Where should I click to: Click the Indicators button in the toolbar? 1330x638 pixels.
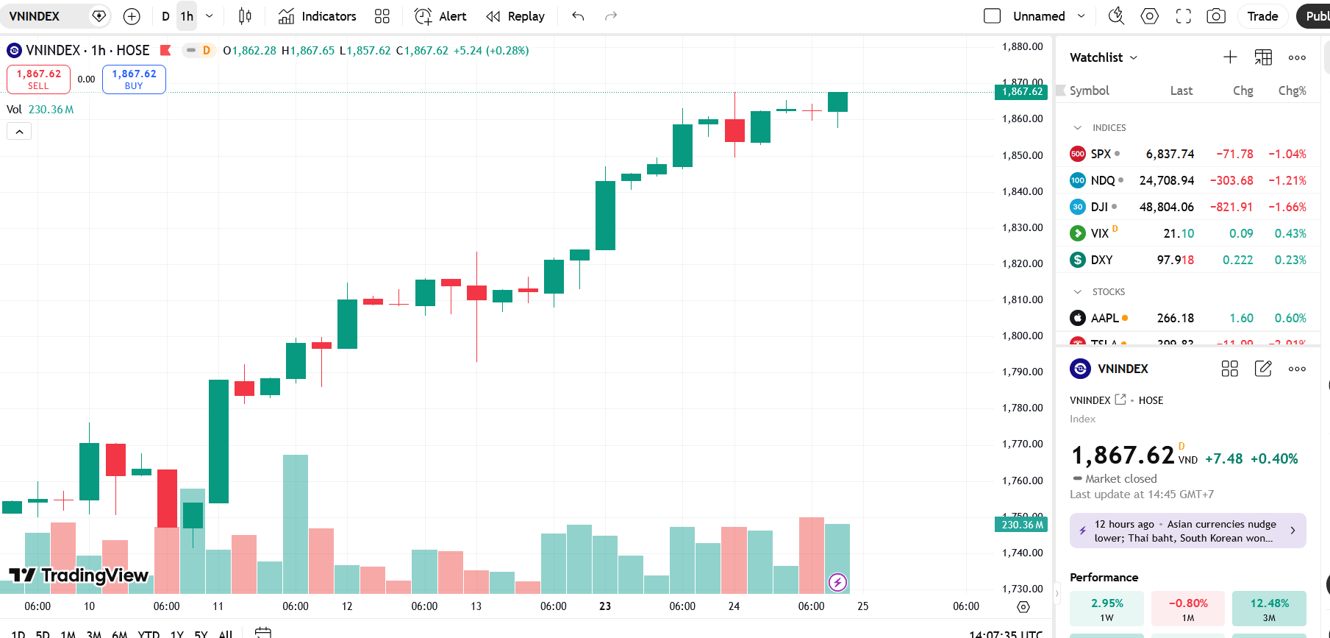click(318, 16)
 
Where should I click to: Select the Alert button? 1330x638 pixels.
click(440, 16)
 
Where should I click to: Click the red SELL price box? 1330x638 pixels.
click(38, 79)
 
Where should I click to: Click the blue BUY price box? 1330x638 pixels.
click(134, 79)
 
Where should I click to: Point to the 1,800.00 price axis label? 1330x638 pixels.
click(1022, 336)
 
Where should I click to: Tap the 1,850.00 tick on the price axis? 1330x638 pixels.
click(1022, 155)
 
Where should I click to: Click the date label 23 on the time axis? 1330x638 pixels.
click(605, 606)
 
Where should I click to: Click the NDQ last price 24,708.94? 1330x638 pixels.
click(1166, 180)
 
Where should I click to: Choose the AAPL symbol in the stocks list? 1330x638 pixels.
click(1104, 318)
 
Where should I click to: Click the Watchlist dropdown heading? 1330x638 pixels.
click(1103, 57)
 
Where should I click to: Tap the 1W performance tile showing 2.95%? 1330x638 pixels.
click(1106, 609)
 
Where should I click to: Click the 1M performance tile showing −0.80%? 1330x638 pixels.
click(1188, 609)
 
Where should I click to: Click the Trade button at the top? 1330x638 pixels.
click(1262, 16)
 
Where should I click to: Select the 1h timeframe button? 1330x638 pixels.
click(187, 16)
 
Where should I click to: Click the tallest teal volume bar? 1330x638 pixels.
click(296, 524)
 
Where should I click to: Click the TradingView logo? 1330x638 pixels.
click(79, 575)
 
